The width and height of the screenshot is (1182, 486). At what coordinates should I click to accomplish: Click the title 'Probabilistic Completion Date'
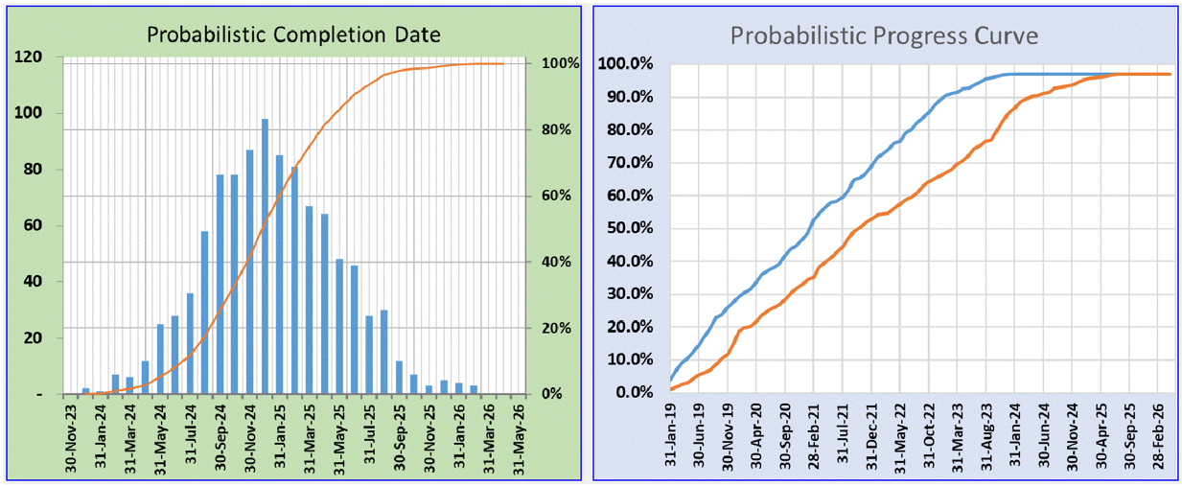tap(293, 35)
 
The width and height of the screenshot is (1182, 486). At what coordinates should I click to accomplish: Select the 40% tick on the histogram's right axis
tap(555, 262)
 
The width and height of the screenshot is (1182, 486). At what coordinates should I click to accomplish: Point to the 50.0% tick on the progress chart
tap(629, 228)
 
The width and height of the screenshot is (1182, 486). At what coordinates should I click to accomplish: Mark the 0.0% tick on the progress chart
tap(633, 392)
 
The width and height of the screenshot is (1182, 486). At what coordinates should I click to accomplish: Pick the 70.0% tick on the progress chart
tap(629, 163)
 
